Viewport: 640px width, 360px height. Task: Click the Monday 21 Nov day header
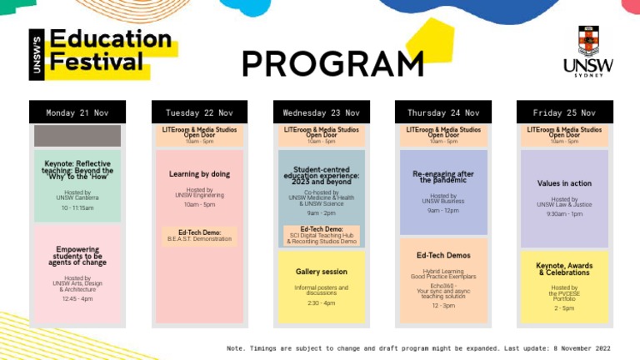pyautogui.click(x=77, y=112)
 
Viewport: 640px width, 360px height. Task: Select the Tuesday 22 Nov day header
pyautogui.click(x=199, y=112)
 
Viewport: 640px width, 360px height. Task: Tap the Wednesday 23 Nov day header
pyautogui.click(x=321, y=112)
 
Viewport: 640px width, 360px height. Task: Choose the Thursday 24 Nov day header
pyautogui.click(x=443, y=112)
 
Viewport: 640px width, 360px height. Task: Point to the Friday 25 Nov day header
pyautogui.click(x=564, y=112)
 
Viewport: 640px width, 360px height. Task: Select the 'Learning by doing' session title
pyautogui.click(x=199, y=174)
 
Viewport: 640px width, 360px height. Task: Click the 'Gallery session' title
pyautogui.click(x=321, y=272)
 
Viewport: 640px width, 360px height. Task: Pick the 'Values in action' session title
pyautogui.click(x=564, y=183)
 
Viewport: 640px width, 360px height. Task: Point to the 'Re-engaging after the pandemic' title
pyautogui.click(x=443, y=177)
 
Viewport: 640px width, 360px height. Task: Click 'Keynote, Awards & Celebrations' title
pyautogui.click(x=564, y=268)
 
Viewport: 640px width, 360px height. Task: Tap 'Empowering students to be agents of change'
pyautogui.click(x=77, y=256)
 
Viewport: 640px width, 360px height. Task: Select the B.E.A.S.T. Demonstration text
pyautogui.click(x=199, y=239)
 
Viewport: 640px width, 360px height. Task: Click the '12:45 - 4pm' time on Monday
pyautogui.click(x=77, y=298)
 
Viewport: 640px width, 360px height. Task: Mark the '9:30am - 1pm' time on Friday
pyautogui.click(x=564, y=214)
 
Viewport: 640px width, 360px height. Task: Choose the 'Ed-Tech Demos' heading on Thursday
pyautogui.click(x=443, y=255)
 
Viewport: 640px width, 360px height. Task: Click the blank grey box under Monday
pyautogui.click(x=77, y=136)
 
